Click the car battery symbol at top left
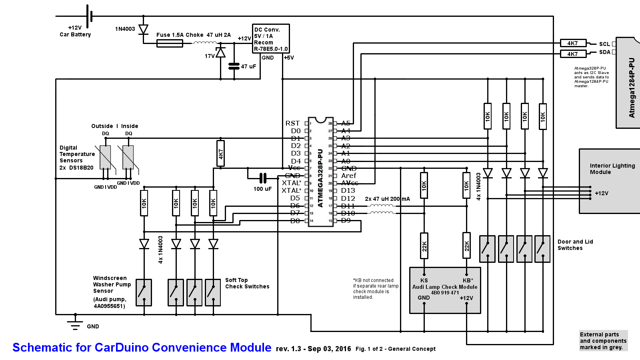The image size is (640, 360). pos(89,16)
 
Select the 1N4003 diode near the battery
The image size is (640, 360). pos(143,30)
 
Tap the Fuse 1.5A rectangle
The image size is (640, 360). pos(170,43)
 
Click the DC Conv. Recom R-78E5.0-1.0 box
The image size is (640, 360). pos(271,39)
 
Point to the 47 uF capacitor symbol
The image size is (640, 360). pos(234,66)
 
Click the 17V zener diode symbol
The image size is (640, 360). pos(220,52)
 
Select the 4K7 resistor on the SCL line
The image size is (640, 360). pos(573,43)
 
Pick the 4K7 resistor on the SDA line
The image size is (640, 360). pos(573,54)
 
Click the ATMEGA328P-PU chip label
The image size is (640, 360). pos(320,178)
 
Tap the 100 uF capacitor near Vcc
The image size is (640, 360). pos(263,178)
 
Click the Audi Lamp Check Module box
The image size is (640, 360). pos(445,290)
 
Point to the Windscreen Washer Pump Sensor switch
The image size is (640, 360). pos(144,292)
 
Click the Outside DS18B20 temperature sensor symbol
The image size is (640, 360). pos(105,157)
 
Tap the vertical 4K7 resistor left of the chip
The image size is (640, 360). pos(220,154)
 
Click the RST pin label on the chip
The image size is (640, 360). pos(292,123)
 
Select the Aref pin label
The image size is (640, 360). pos(348,176)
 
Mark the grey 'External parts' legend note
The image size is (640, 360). pos(603,341)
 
